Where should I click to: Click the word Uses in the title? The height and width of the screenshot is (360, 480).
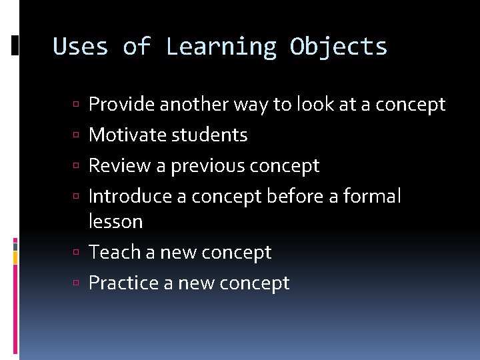click(x=80, y=47)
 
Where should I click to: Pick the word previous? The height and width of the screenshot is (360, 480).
click(x=208, y=166)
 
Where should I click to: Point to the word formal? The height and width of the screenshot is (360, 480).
click(x=372, y=197)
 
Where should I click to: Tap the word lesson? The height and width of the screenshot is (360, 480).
click(x=115, y=221)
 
